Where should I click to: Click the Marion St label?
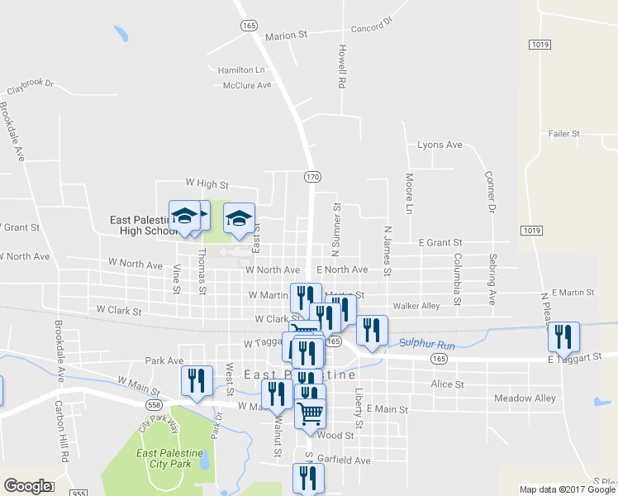coord(286,36)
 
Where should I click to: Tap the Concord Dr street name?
coord(371,29)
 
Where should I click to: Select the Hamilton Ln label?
coord(241,70)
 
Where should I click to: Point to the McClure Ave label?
coord(247,85)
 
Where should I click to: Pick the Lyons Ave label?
coord(440,145)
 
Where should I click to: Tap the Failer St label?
coord(566,134)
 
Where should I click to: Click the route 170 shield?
coord(311,177)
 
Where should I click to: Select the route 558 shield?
coord(154,405)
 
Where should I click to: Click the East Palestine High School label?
coord(145,226)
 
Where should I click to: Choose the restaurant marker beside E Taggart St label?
coord(564,336)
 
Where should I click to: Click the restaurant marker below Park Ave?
coord(197,381)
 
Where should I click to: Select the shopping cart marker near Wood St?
coord(311,412)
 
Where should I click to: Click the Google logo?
coord(27,486)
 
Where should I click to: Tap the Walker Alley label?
coord(416,306)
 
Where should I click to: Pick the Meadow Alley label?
coord(525,398)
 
